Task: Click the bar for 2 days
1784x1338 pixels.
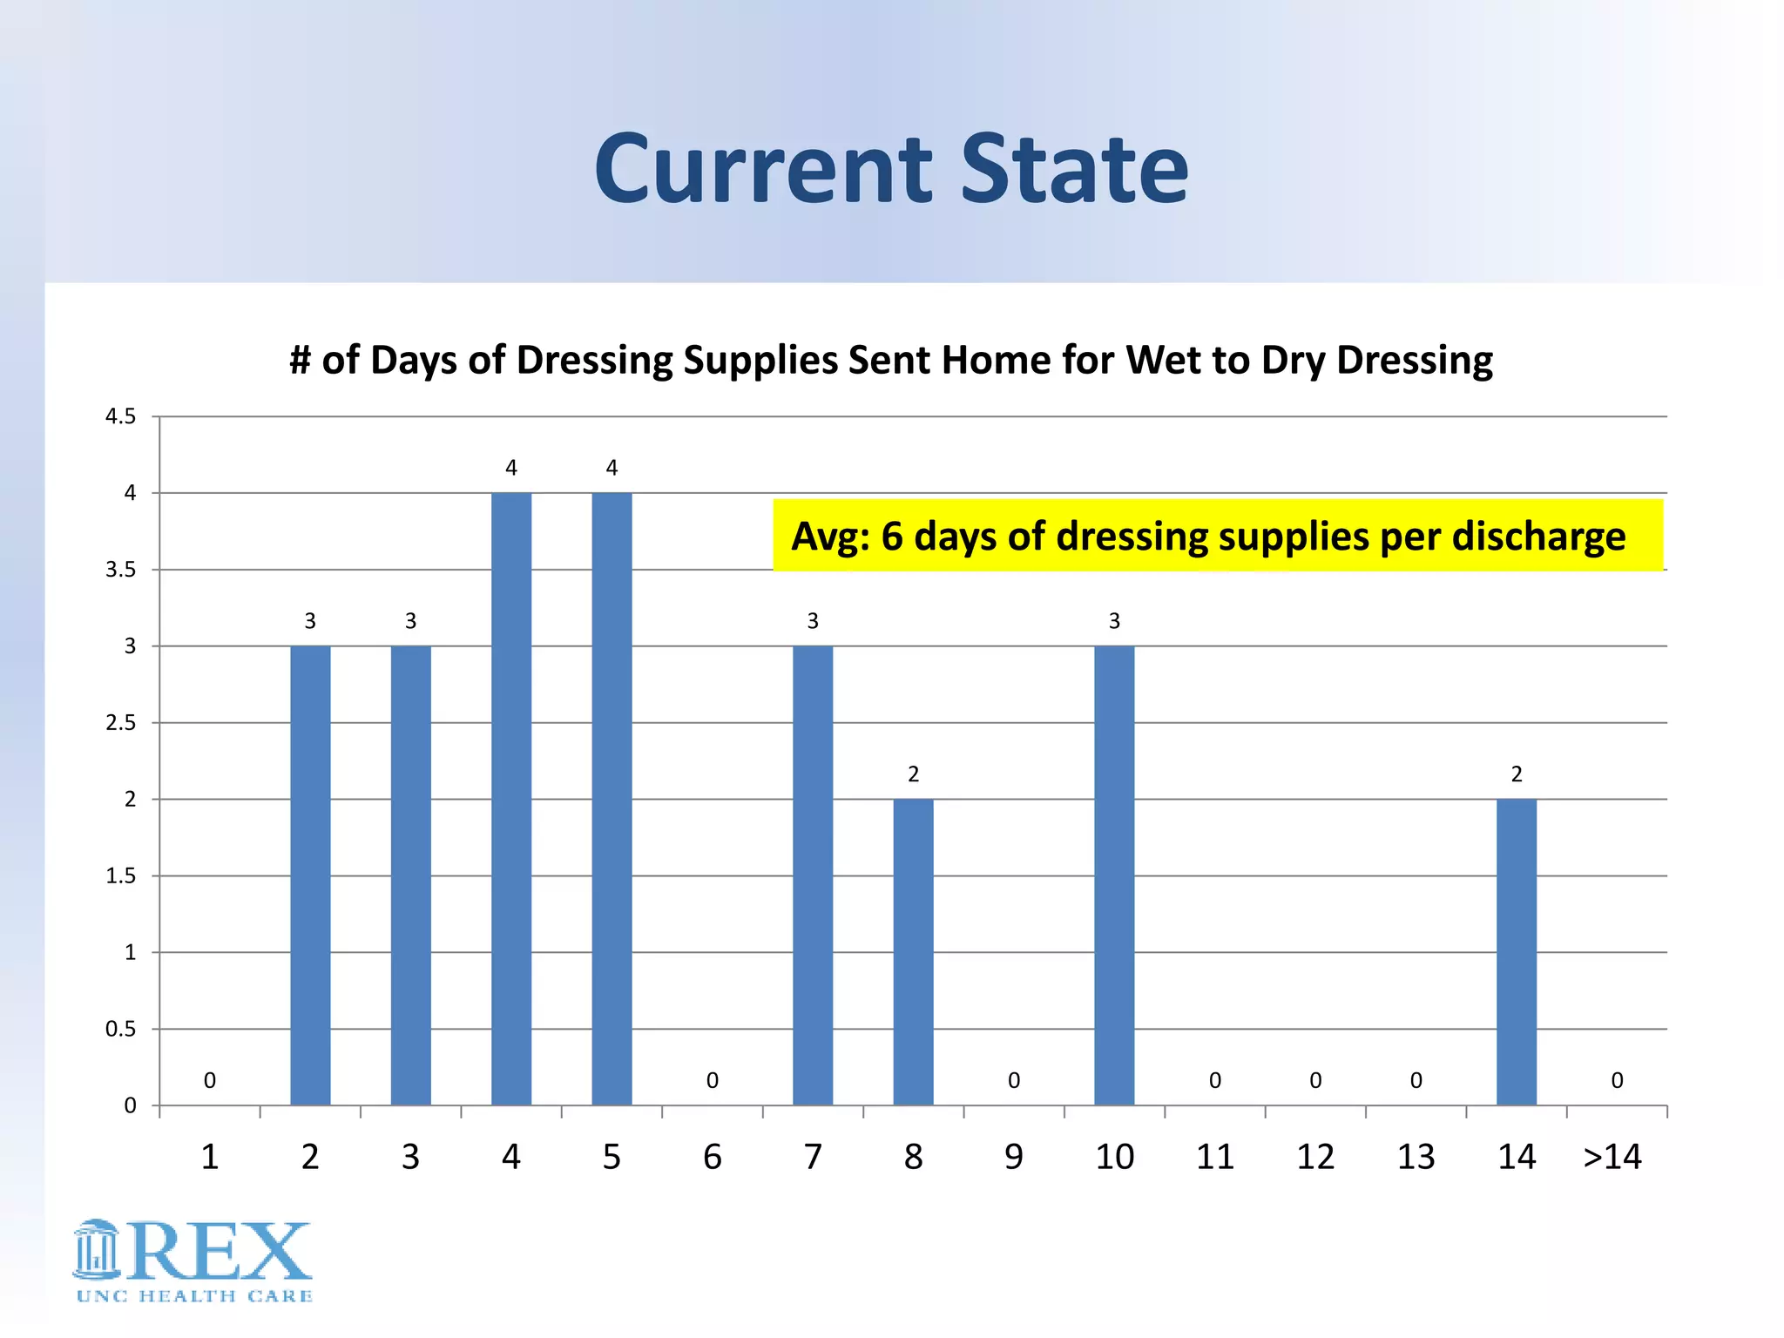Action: coord(310,875)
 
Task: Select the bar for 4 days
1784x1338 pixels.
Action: coord(511,799)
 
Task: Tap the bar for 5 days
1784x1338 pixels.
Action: coord(612,799)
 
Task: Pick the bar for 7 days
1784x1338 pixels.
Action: coord(813,875)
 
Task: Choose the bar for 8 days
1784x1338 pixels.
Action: coord(913,951)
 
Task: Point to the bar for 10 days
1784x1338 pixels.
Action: coord(1114,875)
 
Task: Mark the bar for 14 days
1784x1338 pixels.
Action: coord(1517,951)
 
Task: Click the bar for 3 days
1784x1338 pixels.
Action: coord(410,875)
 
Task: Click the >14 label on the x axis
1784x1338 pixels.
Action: coord(1612,1157)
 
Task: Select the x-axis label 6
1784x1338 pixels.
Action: coord(712,1157)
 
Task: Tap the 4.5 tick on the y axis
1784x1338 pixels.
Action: coord(120,416)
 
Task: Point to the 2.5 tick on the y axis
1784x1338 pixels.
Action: coord(120,723)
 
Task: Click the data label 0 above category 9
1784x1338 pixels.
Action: coord(1014,1081)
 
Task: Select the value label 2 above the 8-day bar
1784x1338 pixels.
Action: coord(913,774)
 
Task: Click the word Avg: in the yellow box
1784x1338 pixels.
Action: coord(830,536)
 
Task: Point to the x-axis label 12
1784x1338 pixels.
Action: coord(1315,1157)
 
